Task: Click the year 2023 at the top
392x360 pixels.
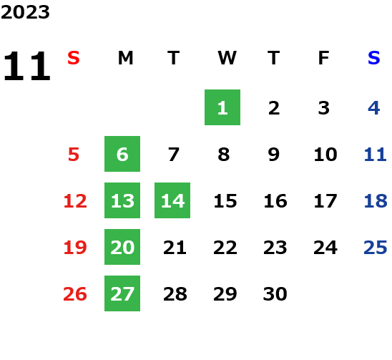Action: pos(25,12)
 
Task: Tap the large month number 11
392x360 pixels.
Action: pos(26,66)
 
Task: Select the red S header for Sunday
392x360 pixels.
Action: pos(74,58)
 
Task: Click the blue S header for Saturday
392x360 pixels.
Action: pos(374,58)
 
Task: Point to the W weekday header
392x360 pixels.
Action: pos(227,58)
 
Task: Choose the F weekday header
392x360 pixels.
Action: pos(324,58)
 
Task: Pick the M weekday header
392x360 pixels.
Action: pos(125,58)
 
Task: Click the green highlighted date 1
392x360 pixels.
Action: pos(222,107)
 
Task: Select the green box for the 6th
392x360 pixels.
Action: pos(122,154)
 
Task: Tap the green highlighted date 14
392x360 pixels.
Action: pos(172,200)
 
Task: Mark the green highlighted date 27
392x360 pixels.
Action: pos(122,293)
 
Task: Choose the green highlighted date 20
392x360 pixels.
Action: pos(122,247)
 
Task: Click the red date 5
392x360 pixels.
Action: pos(74,155)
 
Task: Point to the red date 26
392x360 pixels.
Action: pos(75,294)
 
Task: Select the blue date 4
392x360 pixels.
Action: pos(374,108)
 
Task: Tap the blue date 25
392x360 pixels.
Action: pos(376,248)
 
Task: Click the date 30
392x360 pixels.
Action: pos(275,294)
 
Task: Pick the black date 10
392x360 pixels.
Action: pos(325,155)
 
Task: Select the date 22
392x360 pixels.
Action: pos(225,248)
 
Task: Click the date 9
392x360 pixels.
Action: pos(274,155)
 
